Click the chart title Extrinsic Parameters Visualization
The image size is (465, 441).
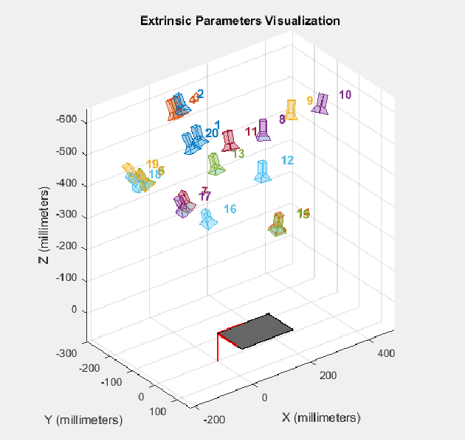tap(240, 21)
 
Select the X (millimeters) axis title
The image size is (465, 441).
tap(320, 417)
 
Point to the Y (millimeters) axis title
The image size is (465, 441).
tap(83, 420)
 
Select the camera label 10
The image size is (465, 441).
tap(345, 94)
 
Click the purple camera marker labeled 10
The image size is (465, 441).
tap(321, 104)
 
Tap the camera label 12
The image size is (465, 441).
tap(288, 160)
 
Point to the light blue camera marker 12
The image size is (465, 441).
tap(262, 171)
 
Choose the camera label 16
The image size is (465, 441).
tap(230, 209)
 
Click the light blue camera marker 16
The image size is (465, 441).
tap(209, 219)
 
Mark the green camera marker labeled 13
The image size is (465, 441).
tap(216, 164)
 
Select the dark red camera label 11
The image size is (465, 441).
tap(251, 132)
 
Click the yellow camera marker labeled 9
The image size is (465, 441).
tap(292, 110)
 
